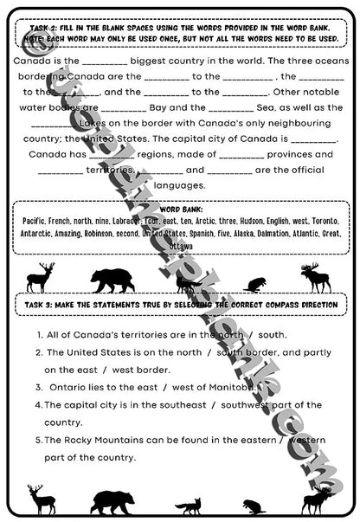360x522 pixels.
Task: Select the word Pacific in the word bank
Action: click(x=35, y=222)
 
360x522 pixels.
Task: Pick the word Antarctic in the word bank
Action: click(x=41, y=234)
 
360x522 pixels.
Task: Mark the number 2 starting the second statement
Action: click(x=40, y=352)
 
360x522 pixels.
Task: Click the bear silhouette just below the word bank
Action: click(x=112, y=279)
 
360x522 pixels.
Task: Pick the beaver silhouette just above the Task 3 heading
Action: click(x=256, y=283)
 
